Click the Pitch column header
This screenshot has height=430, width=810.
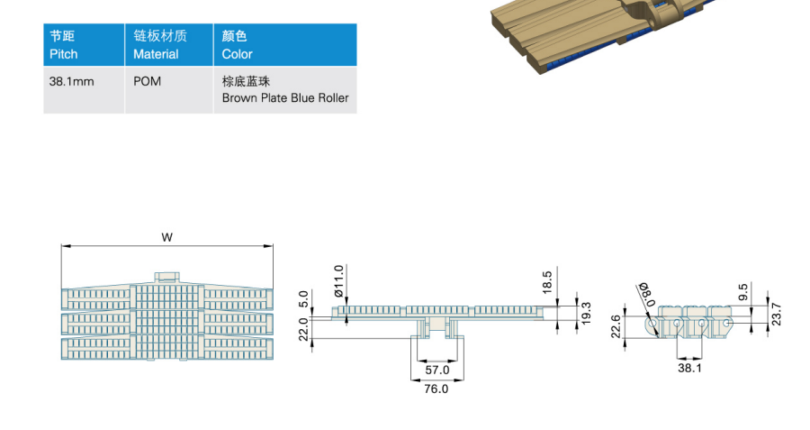[64, 45]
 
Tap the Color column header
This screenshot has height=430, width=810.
[237, 45]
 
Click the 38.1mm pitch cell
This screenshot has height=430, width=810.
[72, 81]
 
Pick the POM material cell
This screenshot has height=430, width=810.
[148, 81]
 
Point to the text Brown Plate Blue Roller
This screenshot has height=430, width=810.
[285, 97]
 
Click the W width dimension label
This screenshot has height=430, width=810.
[166, 237]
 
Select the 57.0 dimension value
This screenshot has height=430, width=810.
[437, 370]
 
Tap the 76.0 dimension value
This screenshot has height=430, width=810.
[436, 389]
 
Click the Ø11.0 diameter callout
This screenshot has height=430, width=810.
[339, 281]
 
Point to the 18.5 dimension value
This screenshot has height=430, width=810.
[547, 282]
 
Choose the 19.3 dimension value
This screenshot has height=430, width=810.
[586, 314]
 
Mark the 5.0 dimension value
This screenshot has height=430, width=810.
[303, 299]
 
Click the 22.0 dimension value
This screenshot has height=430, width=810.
[303, 329]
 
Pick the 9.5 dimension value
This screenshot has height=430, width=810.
[743, 292]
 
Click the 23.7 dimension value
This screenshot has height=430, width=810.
[776, 314]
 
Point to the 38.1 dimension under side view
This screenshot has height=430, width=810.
[689, 368]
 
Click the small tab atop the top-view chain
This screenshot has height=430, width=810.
[166, 277]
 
